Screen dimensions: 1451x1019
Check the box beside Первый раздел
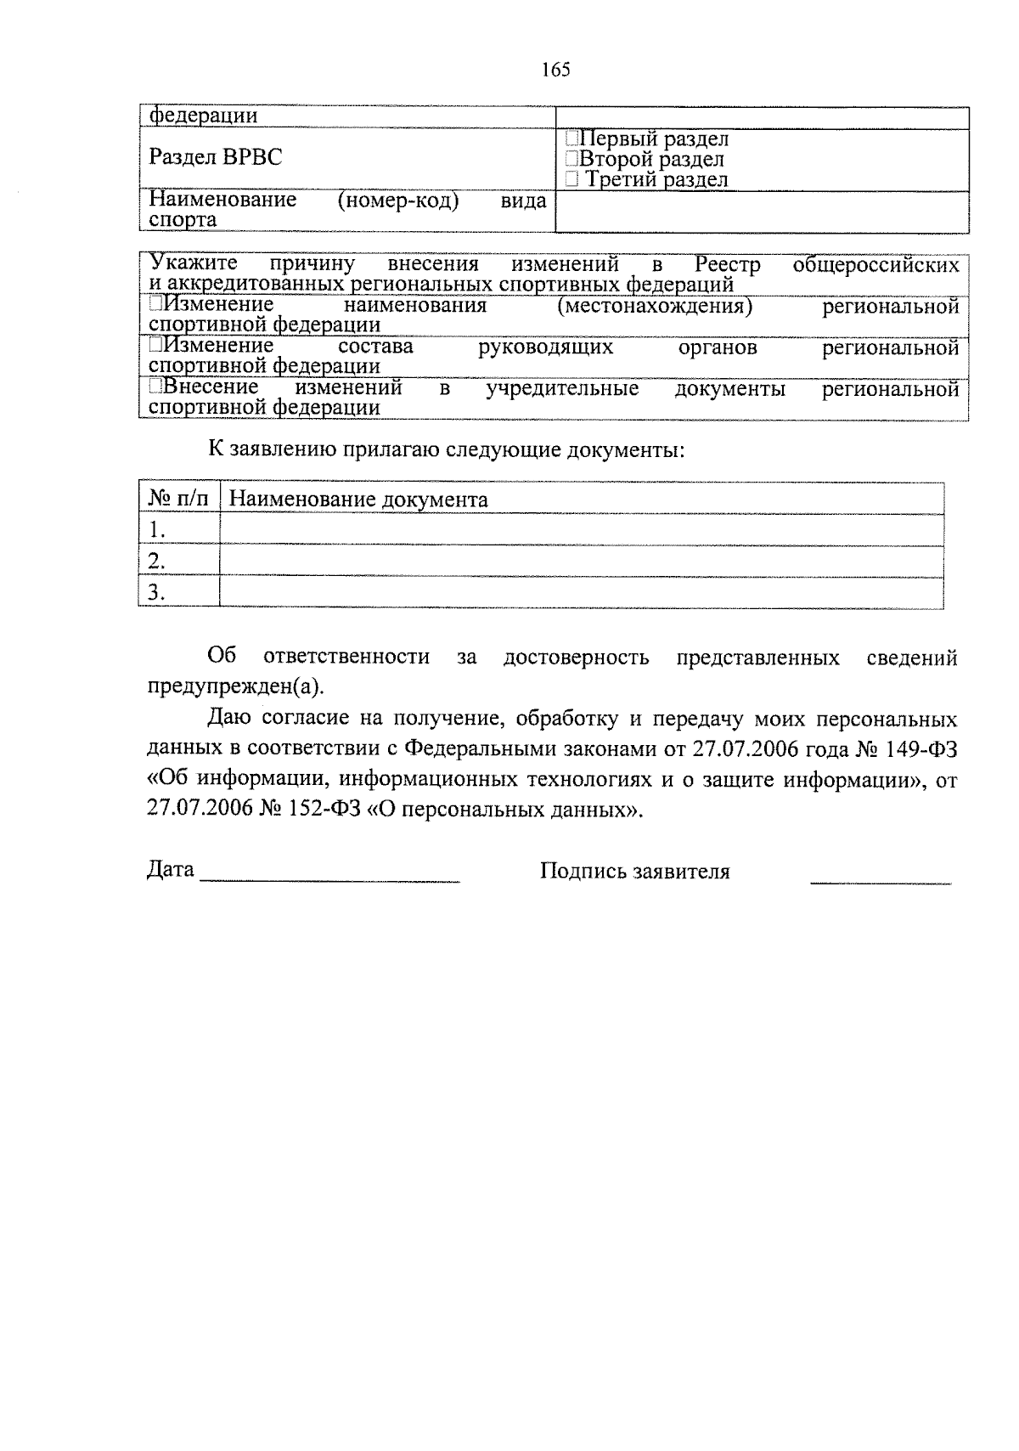572,138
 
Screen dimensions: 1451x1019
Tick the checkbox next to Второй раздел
572,159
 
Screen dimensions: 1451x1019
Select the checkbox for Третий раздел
572,179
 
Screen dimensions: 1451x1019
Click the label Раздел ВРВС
216,157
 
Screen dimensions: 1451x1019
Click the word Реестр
727,264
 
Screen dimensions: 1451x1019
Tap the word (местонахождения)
655,306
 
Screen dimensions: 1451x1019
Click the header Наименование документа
358,500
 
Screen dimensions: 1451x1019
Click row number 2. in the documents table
155,561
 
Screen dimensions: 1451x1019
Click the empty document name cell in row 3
581,591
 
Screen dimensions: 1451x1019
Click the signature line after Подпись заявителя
881,879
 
